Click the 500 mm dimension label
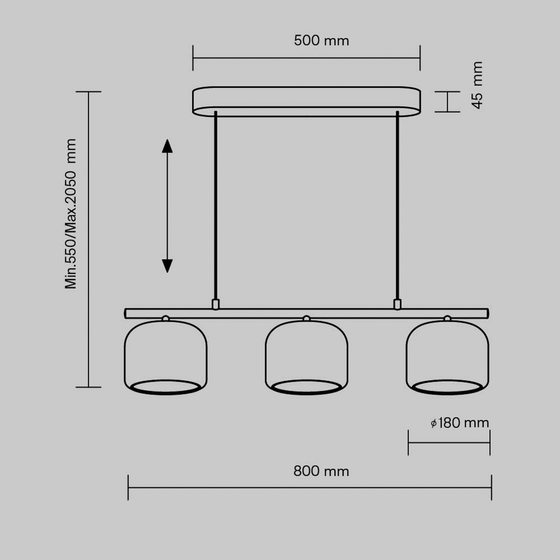click(321, 41)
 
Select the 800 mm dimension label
click(321, 471)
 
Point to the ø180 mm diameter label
click(460, 423)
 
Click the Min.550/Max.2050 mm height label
click(70, 213)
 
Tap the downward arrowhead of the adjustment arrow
click(167, 266)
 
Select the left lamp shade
click(166, 353)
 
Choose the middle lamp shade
click(307, 353)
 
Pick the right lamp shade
click(447, 353)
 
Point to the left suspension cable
click(216, 206)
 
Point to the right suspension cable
click(397, 206)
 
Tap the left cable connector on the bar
click(216, 304)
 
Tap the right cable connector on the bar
click(397, 304)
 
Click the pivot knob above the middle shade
click(307, 318)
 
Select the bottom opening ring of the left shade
click(166, 387)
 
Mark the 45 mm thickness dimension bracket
click(448, 101)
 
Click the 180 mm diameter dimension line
click(449, 443)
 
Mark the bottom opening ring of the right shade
click(447, 387)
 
